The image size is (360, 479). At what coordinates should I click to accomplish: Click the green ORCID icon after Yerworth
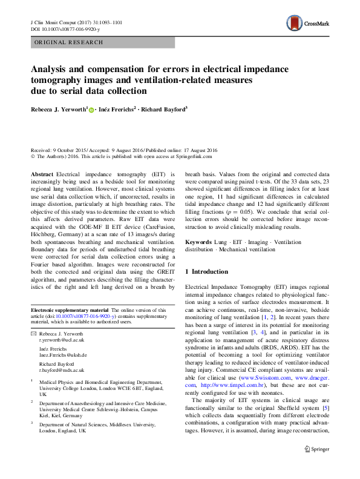pyautogui.click(x=91, y=110)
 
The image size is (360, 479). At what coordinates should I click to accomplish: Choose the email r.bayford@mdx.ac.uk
pyautogui.click(x=62, y=369)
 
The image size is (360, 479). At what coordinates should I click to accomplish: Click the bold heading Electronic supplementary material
pyautogui.click(x=70, y=310)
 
